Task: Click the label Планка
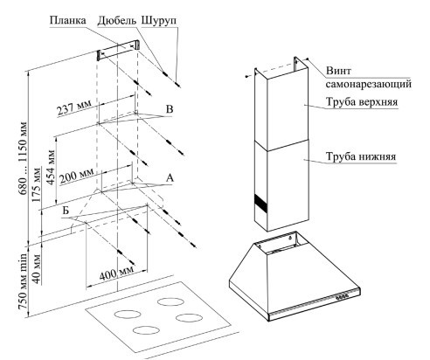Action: point(68,20)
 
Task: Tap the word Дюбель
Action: point(117,21)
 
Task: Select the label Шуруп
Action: point(159,21)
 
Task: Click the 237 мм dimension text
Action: point(74,107)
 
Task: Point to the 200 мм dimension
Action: point(77,176)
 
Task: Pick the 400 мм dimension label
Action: point(116,273)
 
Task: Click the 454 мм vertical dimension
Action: point(51,167)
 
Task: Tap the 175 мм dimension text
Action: point(37,185)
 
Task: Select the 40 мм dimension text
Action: point(37,269)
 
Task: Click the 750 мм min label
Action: point(23,281)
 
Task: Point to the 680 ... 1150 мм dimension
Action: point(23,159)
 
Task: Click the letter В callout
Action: point(170,109)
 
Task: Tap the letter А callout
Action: point(170,177)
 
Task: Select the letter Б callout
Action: point(66,211)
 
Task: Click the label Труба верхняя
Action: point(362,102)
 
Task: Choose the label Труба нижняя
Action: point(361,156)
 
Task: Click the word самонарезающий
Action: point(369,85)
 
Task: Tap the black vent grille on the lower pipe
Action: point(260,204)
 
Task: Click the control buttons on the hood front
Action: point(343,297)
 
